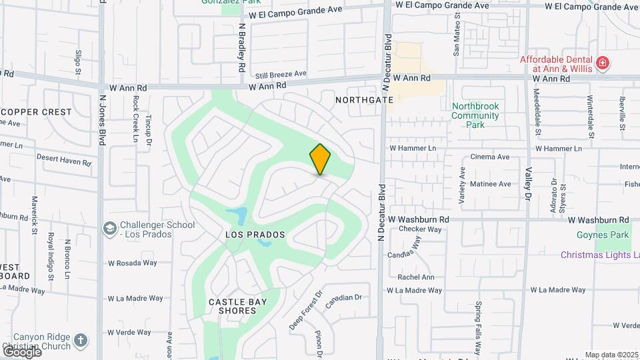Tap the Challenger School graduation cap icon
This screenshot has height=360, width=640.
(x=109, y=229)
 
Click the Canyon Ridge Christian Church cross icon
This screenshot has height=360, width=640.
(x=81, y=341)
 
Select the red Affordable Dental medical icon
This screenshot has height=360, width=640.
(x=603, y=63)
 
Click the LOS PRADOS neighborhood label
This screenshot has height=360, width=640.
(x=255, y=235)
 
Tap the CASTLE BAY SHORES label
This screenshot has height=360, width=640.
(x=238, y=307)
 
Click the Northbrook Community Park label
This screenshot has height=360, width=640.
(x=475, y=115)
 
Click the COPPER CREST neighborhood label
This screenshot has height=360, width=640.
(x=36, y=112)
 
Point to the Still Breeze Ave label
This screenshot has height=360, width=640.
(x=281, y=74)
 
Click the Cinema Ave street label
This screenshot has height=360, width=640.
(x=490, y=157)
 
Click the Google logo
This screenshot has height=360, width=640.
(x=22, y=351)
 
